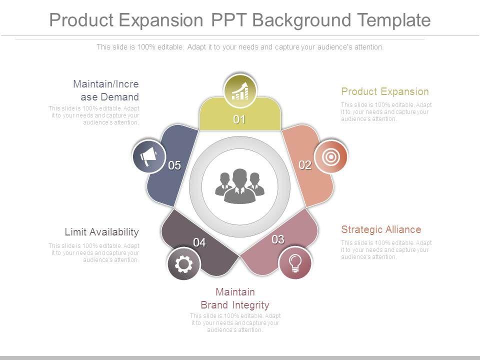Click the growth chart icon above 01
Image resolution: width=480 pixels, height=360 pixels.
(x=240, y=91)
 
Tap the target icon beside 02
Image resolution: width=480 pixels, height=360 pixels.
(x=330, y=157)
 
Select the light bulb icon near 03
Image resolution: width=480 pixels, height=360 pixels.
(x=295, y=262)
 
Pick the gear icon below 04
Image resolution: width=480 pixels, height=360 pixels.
(x=184, y=264)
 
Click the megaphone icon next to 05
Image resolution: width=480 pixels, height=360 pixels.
(x=148, y=157)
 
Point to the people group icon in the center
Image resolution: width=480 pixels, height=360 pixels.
(x=240, y=186)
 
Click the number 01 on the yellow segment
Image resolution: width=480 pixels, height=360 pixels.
(x=239, y=119)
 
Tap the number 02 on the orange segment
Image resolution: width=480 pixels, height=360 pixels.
(x=305, y=165)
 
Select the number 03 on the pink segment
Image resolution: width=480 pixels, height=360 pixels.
(x=278, y=239)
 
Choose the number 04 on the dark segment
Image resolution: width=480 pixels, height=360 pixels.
(x=199, y=242)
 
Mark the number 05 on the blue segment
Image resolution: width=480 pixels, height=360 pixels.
(x=174, y=165)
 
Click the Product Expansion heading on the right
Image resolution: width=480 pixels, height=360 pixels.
(x=384, y=91)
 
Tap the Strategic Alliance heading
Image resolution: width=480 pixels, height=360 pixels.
(x=381, y=229)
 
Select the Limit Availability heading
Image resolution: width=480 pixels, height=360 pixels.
(x=101, y=232)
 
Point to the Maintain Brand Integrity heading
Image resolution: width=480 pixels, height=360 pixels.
(x=235, y=298)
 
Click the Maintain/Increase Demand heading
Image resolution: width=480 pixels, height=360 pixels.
(x=106, y=90)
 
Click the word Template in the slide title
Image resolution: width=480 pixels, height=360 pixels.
(x=394, y=20)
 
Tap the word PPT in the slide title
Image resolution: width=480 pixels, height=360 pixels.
(x=228, y=20)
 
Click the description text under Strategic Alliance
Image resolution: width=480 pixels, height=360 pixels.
(x=386, y=250)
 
